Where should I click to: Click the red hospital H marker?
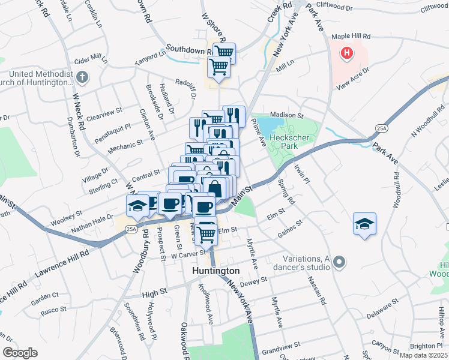click(x=347, y=53)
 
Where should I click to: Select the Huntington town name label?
click(x=215, y=271)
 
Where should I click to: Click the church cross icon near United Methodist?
click(x=83, y=77)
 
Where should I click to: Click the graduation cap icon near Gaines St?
click(x=364, y=223)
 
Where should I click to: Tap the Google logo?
click(x=19, y=353)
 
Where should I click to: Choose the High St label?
click(x=154, y=295)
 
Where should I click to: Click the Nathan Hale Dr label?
click(x=92, y=224)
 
